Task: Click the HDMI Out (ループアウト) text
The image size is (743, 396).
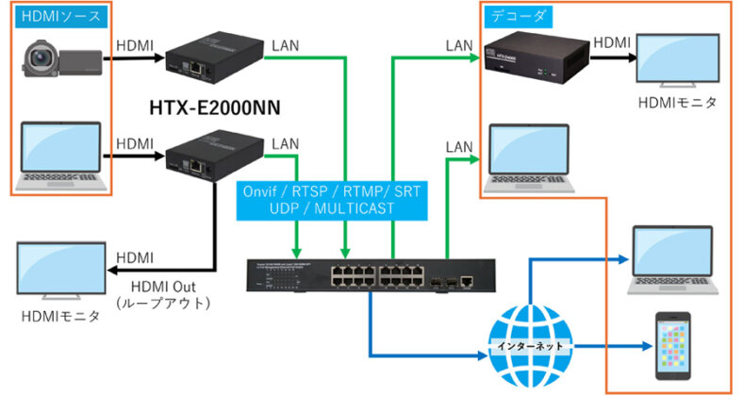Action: tap(161, 293)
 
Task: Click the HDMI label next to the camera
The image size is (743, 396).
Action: tap(133, 43)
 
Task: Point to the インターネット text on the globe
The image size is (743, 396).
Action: tap(532, 346)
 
